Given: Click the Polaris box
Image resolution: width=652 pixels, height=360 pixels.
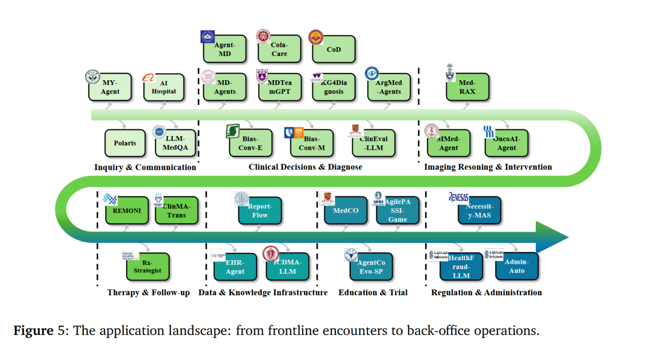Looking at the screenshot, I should point(125,143).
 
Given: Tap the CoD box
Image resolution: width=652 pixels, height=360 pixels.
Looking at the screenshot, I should point(334,49).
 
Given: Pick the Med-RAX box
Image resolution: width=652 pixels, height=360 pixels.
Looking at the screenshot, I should point(467,87).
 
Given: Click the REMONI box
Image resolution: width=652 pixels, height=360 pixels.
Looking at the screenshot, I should point(127,210).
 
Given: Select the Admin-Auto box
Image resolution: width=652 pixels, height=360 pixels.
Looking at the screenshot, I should point(517,266).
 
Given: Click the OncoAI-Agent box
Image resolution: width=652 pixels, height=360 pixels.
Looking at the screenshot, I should point(506,143).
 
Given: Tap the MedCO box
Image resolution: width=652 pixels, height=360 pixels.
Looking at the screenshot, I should point(346,210).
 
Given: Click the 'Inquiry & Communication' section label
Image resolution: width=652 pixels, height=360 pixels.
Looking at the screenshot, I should point(145,167).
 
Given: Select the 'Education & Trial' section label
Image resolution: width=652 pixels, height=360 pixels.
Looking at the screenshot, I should point(373,293).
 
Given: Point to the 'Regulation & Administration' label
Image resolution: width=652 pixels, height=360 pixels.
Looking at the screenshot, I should point(486,293).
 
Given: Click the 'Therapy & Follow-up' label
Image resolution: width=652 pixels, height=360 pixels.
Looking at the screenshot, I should point(148,293).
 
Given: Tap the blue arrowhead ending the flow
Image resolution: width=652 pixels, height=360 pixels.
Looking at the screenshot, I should point(552,237).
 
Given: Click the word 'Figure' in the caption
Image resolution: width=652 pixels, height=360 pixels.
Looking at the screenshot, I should point(32,330).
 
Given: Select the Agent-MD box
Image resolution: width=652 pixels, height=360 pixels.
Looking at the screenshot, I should point(225,49).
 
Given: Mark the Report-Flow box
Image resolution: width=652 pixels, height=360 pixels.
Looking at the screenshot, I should point(260,210).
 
